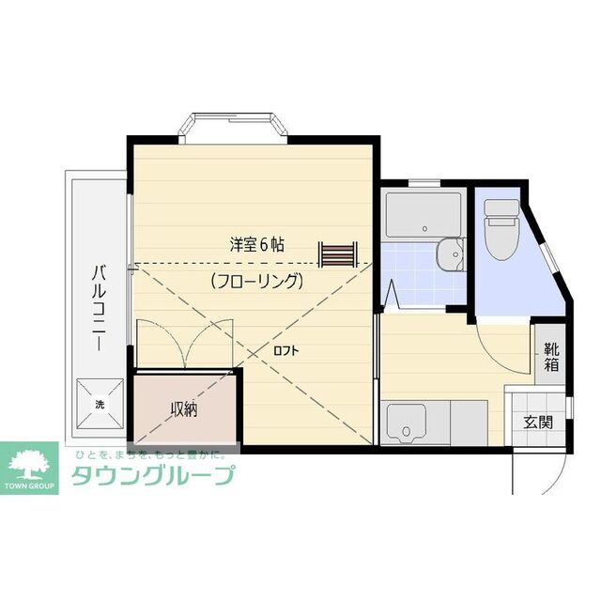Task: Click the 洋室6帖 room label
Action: (x=256, y=244)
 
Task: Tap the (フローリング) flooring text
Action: (x=256, y=280)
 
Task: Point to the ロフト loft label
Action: (x=285, y=350)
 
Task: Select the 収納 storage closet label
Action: (x=183, y=409)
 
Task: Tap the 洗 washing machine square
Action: (x=99, y=404)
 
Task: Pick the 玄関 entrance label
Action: (x=538, y=422)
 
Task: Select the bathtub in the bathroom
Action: (x=423, y=215)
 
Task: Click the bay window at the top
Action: (x=233, y=127)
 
